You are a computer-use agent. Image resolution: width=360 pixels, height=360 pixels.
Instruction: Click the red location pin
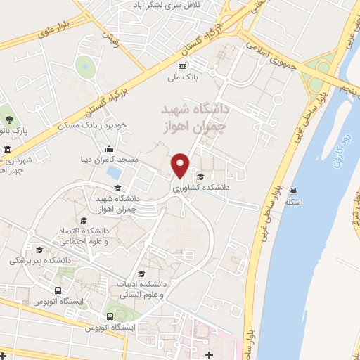coord(181,165)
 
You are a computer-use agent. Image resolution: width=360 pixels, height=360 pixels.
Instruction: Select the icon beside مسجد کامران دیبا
coord(110,149)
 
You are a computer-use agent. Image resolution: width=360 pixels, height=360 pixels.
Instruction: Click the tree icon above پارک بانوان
coord(8,110)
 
